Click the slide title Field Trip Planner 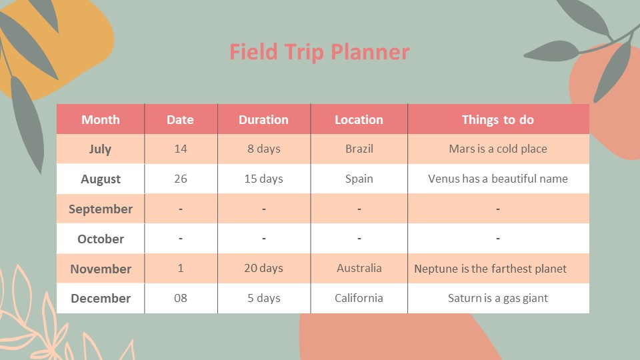(319, 52)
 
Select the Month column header (101, 120)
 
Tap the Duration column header (263, 120)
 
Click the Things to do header (498, 120)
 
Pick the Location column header (359, 120)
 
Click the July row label (100, 149)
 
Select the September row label (101, 209)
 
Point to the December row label (101, 299)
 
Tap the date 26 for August (181, 179)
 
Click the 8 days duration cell (264, 149)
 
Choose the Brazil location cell (359, 149)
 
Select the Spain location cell (359, 179)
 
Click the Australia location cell (359, 268)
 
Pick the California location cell (359, 298)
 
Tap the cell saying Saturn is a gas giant (498, 298)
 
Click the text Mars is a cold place (498, 149)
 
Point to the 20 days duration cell (263, 268)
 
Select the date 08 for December (181, 298)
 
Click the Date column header (180, 120)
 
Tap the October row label (101, 239)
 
